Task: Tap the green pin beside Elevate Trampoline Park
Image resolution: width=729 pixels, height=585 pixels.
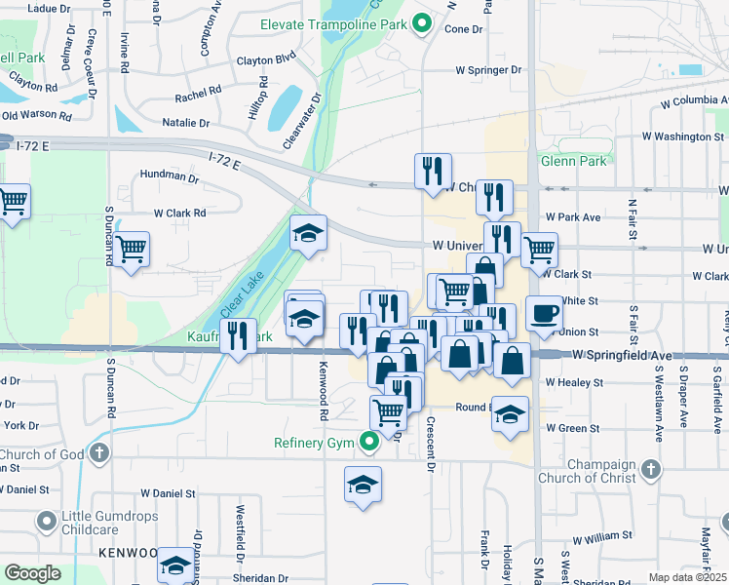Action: click(x=421, y=22)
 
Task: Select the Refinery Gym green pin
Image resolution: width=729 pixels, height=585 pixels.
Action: click(x=368, y=444)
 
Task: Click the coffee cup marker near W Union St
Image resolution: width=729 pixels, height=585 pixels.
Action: click(x=545, y=314)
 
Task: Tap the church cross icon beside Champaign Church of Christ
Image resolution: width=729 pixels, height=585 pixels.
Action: click(x=649, y=472)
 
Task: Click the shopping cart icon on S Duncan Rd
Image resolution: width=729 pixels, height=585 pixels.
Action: click(x=131, y=249)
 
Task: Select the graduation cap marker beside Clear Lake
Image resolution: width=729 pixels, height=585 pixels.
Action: click(x=308, y=234)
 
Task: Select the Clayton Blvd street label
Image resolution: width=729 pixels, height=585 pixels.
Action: click(x=265, y=60)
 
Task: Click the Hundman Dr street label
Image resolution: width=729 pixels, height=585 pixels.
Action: click(x=169, y=176)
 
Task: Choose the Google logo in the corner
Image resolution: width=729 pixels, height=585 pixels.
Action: click(x=33, y=573)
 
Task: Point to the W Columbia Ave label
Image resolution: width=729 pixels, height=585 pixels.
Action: click(x=687, y=100)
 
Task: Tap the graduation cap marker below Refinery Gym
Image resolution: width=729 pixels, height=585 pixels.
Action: click(x=362, y=485)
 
